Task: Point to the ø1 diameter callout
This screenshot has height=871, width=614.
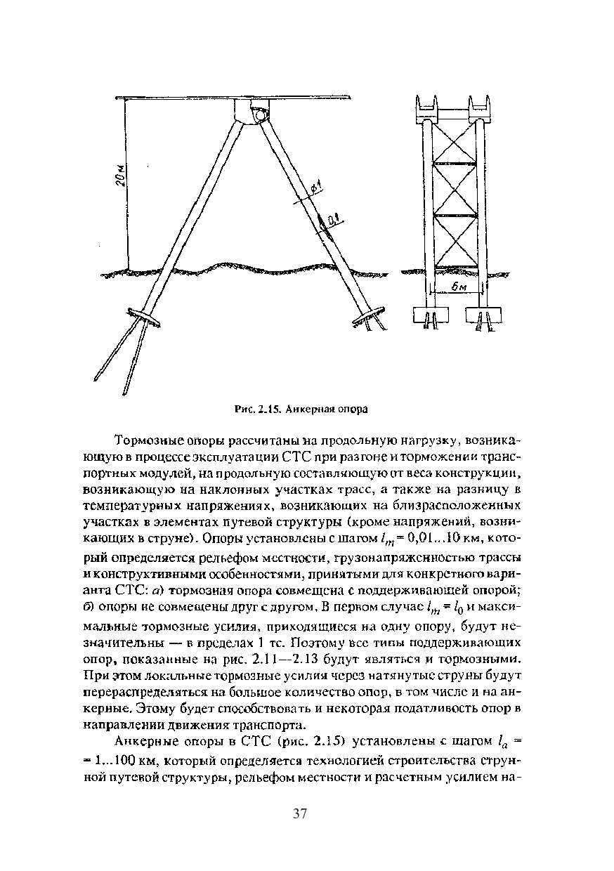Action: click(315, 188)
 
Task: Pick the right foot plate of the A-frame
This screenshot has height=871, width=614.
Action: click(367, 315)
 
